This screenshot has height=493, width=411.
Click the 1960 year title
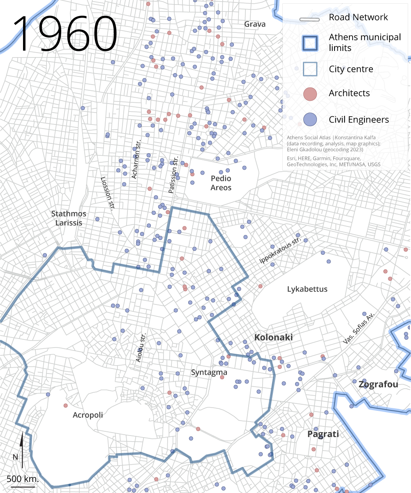[x=66, y=34]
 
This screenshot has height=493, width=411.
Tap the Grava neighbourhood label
[x=255, y=24]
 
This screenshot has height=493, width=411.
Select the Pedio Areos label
[x=221, y=183]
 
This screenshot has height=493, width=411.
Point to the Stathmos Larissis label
[x=69, y=218]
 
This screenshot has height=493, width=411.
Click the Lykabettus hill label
[x=307, y=289]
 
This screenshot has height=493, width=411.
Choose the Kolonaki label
[x=273, y=337]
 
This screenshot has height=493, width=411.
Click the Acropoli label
[x=88, y=415]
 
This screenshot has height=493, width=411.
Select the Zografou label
[x=378, y=385]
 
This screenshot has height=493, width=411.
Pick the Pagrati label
[x=323, y=434]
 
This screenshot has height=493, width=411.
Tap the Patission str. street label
[x=174, y=175]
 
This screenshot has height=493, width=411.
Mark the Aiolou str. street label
[x=141, y=348]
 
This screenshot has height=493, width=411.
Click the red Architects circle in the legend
[x=310, y=94]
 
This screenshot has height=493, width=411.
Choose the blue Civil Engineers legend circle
[x=310, y=120]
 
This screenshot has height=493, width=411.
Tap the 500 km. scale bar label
[x=23, y=479]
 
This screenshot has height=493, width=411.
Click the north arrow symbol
[x=21, y=450]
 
